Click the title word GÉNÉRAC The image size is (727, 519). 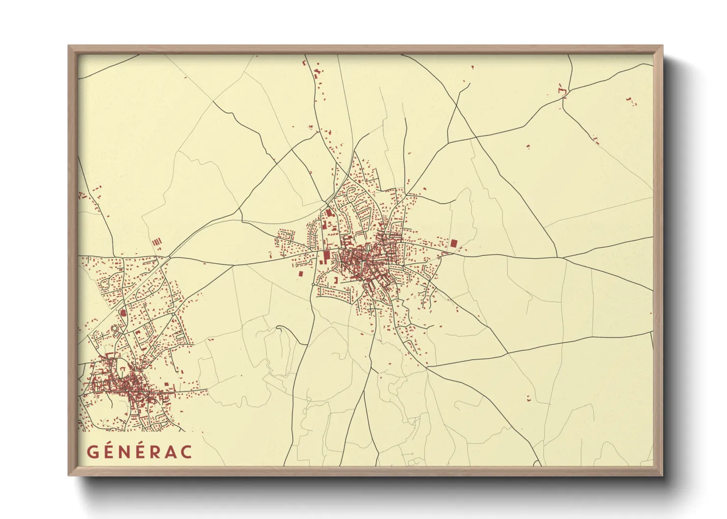pyautogui.click(x=140, y=452)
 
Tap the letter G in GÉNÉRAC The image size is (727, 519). pyautogui.click(x=92, y=452)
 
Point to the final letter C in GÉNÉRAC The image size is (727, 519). pyautogui.click(x=186, y=452)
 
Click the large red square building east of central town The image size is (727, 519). pyautogui.click(x=453, y=243)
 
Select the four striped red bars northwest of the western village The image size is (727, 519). pyautogui.click(x=157, y=242)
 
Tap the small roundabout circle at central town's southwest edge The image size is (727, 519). pyautogui.click(x=313, y=284)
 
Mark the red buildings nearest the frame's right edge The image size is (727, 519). pyautogui.click(x=630, y=101)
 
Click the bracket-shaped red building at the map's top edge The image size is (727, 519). pyautogui.click(x=304, y=63)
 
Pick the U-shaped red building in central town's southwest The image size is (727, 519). pyautogui.click(x=336, y=280)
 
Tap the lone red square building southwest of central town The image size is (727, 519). pyautogui.click(x=300, y=274)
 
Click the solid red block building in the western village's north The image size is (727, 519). pyautogui.click(x=123, y=312)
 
